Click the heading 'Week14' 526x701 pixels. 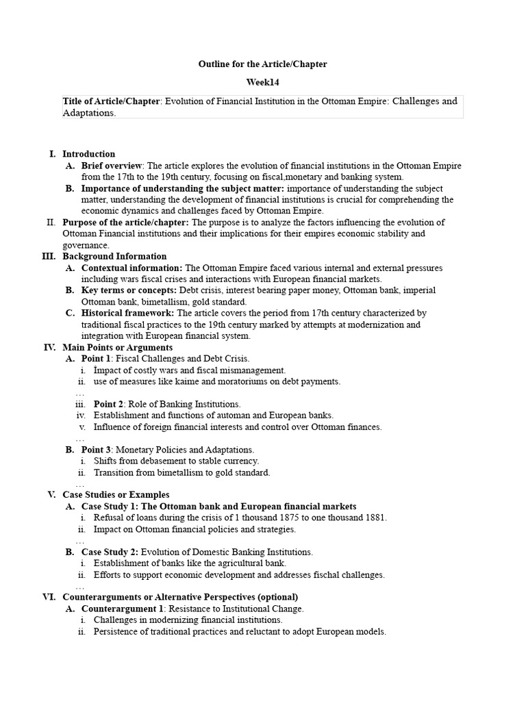[262, 82]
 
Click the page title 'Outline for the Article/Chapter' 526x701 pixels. [262, 64]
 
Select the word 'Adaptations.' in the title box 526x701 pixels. [89, 113]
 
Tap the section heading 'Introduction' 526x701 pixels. [89, 154]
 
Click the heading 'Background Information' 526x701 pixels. [114, 256]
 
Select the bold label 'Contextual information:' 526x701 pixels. [132, 268]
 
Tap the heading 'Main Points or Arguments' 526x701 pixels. [117, 347]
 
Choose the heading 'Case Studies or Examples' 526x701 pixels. [116, 494]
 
